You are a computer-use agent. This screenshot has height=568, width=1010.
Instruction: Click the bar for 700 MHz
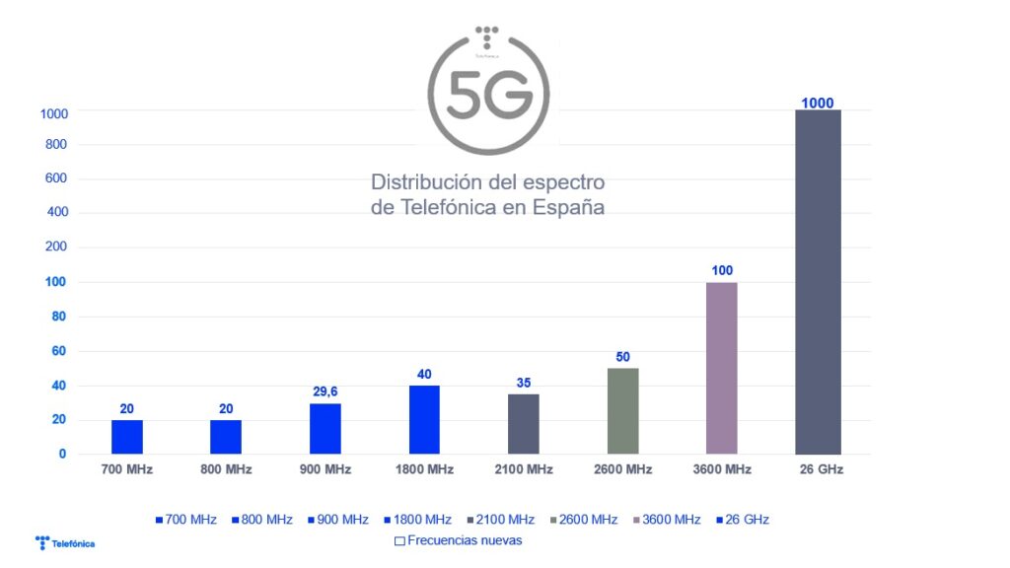[127, 437]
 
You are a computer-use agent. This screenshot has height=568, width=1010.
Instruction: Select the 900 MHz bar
[325, 429]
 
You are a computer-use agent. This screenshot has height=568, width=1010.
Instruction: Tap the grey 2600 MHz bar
[622, 411]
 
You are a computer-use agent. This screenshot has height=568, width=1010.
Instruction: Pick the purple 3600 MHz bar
[721, 368]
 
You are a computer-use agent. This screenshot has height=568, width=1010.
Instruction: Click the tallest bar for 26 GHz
[818, 282]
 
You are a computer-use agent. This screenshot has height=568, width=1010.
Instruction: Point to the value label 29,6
[325, 392]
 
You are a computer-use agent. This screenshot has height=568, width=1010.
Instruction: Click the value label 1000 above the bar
[818, 102]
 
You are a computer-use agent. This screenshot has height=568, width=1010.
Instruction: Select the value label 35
[523, 383]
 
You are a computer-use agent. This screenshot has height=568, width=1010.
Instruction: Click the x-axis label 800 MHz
[226, 469]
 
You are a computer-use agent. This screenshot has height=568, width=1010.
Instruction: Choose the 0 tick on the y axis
[61, 454]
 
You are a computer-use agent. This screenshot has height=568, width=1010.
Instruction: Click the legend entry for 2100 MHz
[502, 520]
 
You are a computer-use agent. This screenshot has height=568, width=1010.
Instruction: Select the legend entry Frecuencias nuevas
[458, 540]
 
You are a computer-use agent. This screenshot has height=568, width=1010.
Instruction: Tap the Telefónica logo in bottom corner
[65, 542]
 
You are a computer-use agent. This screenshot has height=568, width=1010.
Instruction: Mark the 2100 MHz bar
[523, 424]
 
